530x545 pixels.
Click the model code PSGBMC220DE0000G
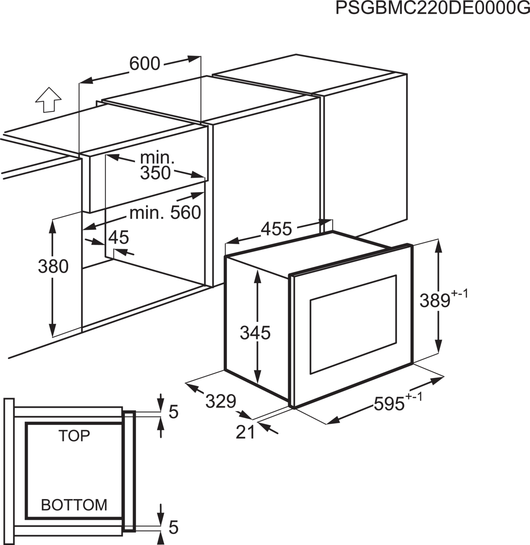click(432, 8)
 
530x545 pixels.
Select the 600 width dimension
click(145, 64)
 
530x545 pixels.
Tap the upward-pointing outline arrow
click(49, 100)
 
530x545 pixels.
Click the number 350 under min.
click(155, 173)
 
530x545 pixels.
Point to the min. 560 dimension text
click(165, 213)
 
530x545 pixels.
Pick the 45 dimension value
click(119, 237)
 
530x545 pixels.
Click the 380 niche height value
click(53, 267)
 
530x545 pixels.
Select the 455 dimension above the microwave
click(276, 229)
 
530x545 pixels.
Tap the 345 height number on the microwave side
click(255, 333)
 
